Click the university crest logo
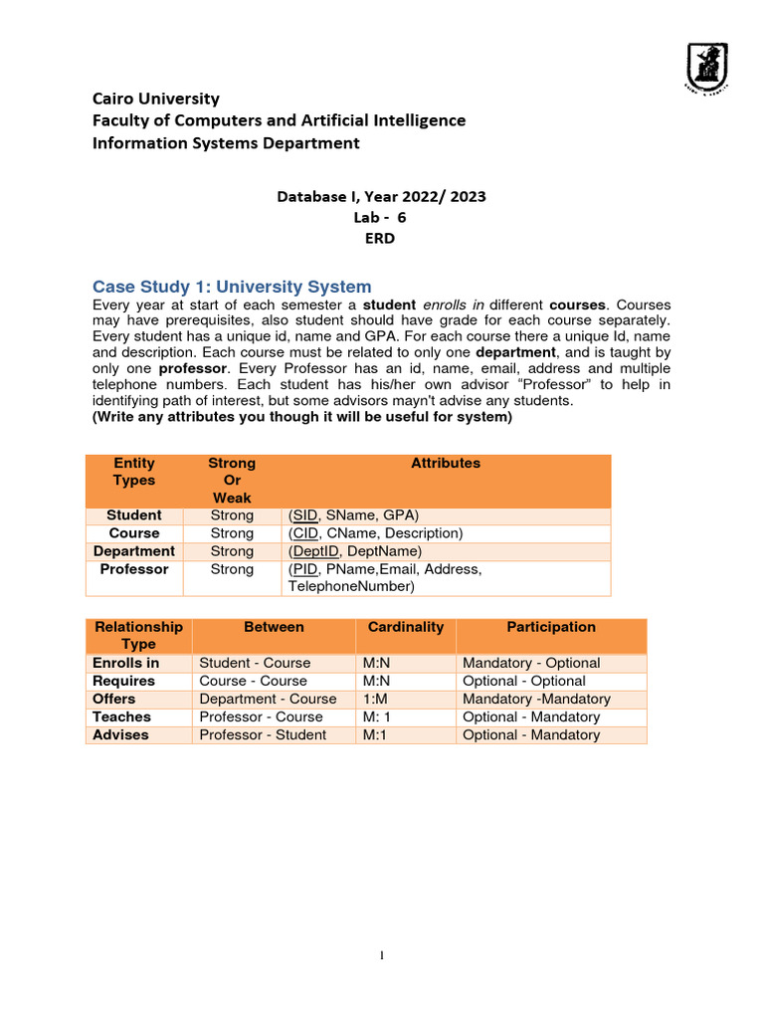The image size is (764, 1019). [x=706, y=69]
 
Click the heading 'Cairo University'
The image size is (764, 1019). [x=156, y=99]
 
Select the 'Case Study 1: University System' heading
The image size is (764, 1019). [x=232, y=287]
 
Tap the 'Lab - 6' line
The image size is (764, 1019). [x=380, y=218]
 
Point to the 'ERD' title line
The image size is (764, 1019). [x=381, y=240]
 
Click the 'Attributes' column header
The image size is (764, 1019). [x=446, y=464]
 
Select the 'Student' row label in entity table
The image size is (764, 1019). [x=134, y=515]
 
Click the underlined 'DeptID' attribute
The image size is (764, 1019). [x=314, y=551]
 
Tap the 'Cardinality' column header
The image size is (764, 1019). [x=405, y=627]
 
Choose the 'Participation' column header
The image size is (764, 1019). [x=551, y=627]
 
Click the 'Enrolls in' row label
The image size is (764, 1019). [x=125, y=663]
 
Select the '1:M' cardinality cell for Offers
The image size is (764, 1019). [x=375, y=699]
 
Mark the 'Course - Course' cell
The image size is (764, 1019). [x=254, y=681]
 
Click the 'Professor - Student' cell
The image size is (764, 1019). [x=263, y=734]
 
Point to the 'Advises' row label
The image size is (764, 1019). [x=120, y=734]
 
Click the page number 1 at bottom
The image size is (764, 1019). [x=382, y=956]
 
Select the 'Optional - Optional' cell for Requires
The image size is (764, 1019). [x=524, y=681]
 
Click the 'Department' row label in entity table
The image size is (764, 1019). [x=134, y=551]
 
